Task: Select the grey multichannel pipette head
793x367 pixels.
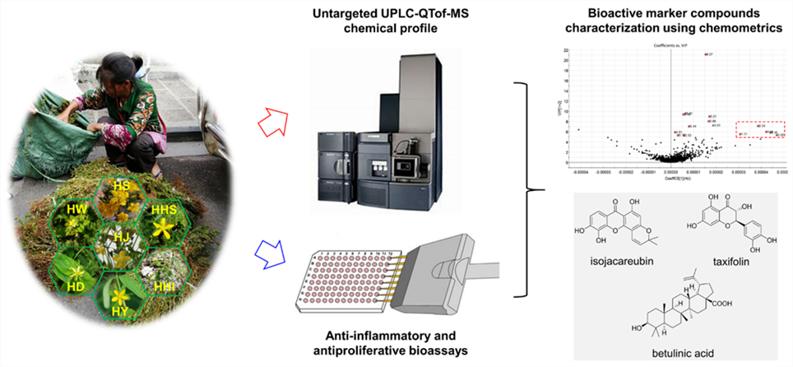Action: (449, 252)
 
